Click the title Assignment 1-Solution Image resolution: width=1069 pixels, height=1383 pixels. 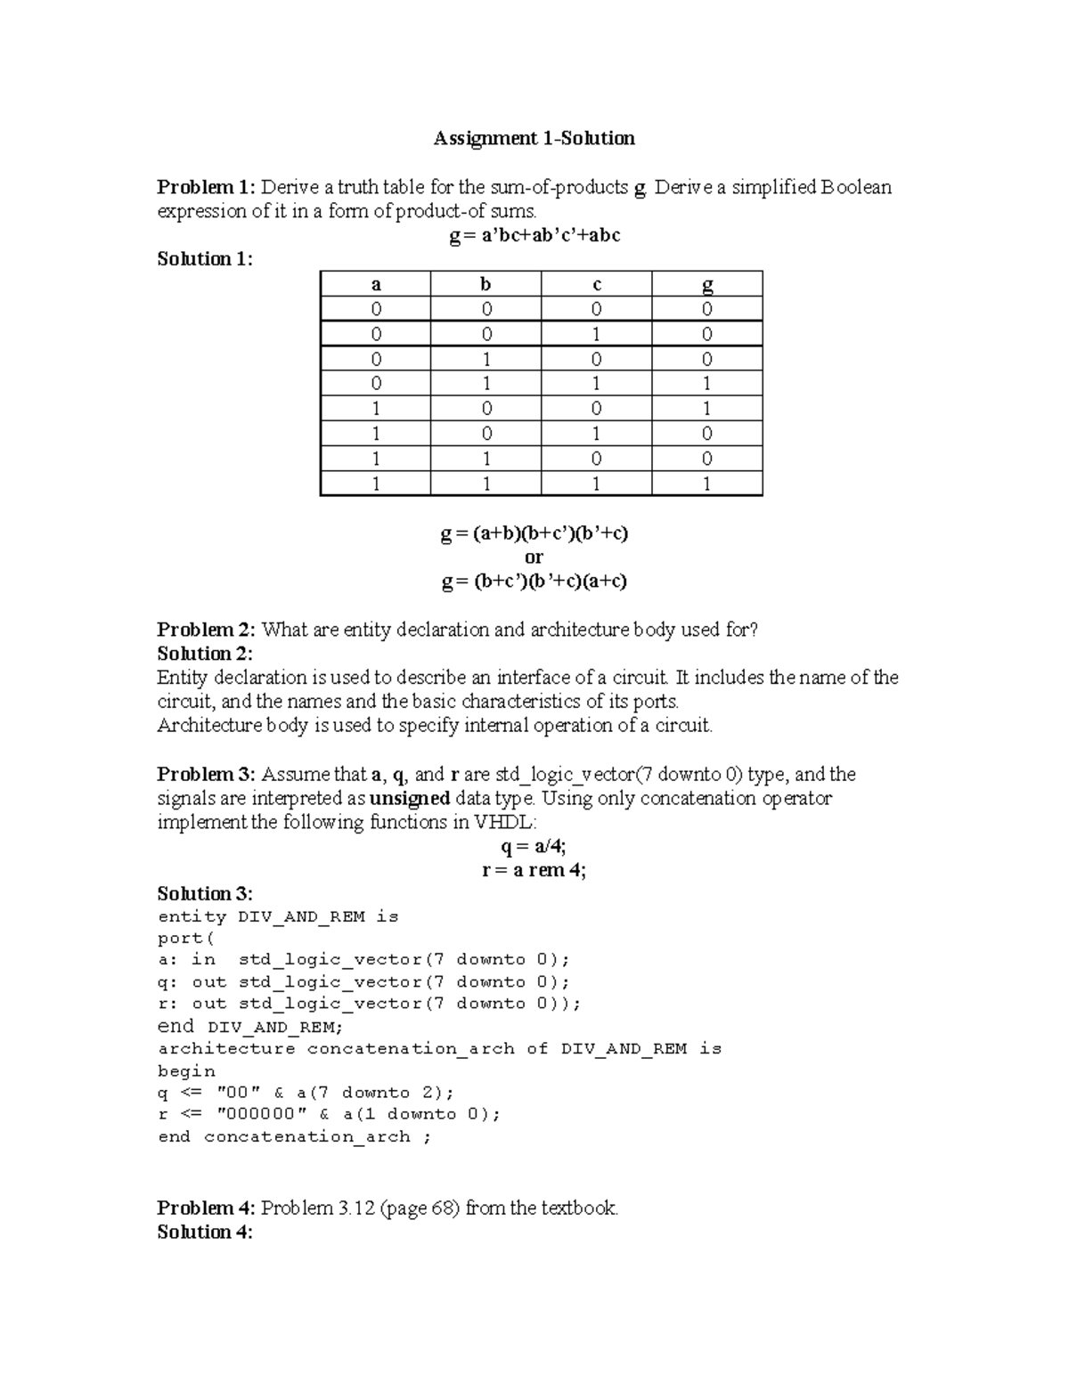(534, 138)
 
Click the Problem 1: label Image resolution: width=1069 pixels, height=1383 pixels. (206, 187)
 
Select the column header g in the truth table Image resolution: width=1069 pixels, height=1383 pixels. (707, 285)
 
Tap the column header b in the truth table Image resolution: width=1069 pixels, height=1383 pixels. (486, 285)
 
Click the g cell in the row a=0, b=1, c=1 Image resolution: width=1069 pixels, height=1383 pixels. (707, 384)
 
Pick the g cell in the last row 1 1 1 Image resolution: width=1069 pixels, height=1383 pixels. (707, 484)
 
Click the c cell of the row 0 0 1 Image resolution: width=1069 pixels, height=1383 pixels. (596, 335)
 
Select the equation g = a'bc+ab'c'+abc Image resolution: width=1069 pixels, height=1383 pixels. (534, 236)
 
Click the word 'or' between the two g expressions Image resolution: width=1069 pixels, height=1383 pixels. (534, 557)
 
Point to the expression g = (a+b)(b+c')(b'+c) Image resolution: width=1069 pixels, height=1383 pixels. (534, 533)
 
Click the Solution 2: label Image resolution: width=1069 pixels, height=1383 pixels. (205, 654)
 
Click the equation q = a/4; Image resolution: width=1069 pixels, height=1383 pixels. (534, 846)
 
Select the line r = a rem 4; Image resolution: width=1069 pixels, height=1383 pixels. (534, 870)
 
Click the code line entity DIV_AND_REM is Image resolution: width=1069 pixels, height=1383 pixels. (278, 917)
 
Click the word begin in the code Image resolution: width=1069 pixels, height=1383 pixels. (186, 1071)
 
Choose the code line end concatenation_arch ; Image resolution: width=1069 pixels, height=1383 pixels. (294, 1137)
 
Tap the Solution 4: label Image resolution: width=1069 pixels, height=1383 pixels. (205, 1232)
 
